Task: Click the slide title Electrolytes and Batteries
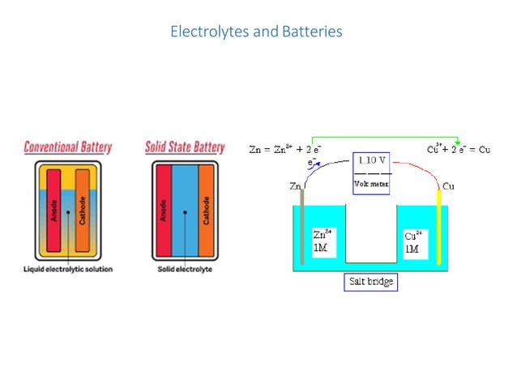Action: pos(256,32)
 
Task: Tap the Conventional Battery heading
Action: pos(67,147)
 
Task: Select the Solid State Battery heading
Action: pos(185,147)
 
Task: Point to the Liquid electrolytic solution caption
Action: pos(67,269)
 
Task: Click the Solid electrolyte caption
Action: pos(185,269)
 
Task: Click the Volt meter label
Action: pos(372,184)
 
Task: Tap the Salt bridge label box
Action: pos(368,283)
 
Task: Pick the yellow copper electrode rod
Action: pos(439,227)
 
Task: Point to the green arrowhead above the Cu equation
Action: pos(459,142)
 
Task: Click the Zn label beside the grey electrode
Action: pos(295,186)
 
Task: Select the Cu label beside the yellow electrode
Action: pos(449,186)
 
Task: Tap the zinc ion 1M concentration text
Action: pos(322,240)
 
